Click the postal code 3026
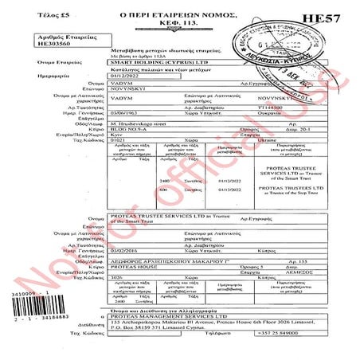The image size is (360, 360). [73, 307]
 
